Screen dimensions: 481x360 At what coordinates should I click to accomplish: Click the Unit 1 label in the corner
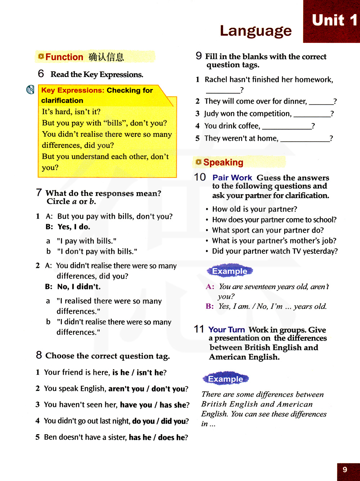[334, 21]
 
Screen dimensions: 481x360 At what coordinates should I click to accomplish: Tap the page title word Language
[256, 31]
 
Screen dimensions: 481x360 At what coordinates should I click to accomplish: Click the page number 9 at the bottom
[345, 469]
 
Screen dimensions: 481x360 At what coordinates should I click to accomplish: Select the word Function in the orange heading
[64, 57]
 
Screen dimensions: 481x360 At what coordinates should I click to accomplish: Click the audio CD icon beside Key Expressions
[31, 90]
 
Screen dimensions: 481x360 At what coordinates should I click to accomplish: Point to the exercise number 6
[41, 74]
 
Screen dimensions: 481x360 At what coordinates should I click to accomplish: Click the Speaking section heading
[223, 162]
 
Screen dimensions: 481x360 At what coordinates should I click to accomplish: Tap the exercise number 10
[200, 177]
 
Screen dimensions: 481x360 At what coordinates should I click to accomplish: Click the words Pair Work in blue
[232, 177]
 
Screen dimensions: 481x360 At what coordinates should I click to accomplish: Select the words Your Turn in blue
[226, 329]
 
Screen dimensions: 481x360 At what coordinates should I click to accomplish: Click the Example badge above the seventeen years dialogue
[230, 271]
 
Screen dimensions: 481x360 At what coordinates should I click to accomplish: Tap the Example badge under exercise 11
[226, 379]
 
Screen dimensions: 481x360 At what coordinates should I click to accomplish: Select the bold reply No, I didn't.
[79, 287]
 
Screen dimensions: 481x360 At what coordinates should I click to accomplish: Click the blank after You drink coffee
[287, 126]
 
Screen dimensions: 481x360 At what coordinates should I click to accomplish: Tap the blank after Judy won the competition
[312, 114]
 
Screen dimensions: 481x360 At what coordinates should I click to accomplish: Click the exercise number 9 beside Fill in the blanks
[199, 56]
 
